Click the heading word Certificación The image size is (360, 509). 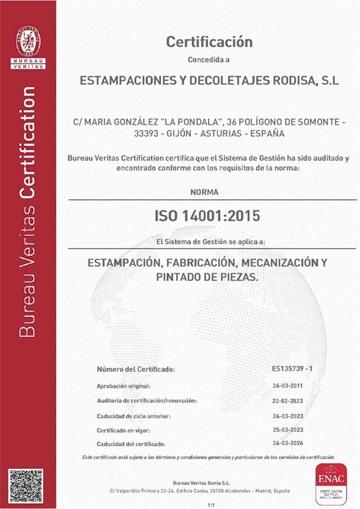coord(209,42)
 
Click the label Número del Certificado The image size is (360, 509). coord(136,370)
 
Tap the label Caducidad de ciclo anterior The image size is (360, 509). coord(134,415)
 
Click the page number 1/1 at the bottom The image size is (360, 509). coord(212,504)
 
